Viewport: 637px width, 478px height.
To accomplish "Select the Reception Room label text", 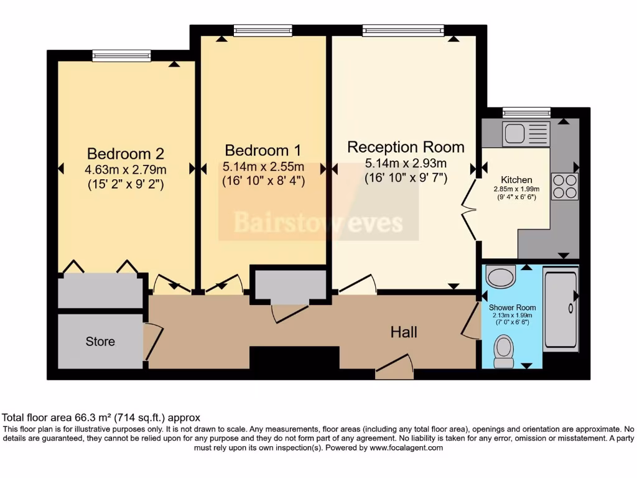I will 406,148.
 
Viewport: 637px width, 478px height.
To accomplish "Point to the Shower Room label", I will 512,307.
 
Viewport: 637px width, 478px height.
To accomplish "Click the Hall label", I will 404,332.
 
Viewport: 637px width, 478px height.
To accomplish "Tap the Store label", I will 100,342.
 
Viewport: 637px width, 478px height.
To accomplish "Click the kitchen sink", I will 526,134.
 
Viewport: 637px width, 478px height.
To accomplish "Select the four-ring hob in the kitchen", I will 564,186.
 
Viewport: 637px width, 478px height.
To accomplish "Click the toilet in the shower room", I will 503,351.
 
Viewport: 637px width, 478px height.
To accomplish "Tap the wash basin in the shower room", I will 501,276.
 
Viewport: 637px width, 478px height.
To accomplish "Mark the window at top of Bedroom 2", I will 121,56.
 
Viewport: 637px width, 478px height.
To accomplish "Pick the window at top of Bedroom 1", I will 263,30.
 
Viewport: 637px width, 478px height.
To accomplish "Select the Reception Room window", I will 403,30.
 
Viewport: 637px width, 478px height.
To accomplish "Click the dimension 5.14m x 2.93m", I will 406,164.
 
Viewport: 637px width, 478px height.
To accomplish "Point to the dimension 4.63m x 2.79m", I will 126,169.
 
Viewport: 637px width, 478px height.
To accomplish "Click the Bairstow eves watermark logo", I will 318,222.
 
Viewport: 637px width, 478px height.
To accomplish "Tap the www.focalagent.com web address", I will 406,448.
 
